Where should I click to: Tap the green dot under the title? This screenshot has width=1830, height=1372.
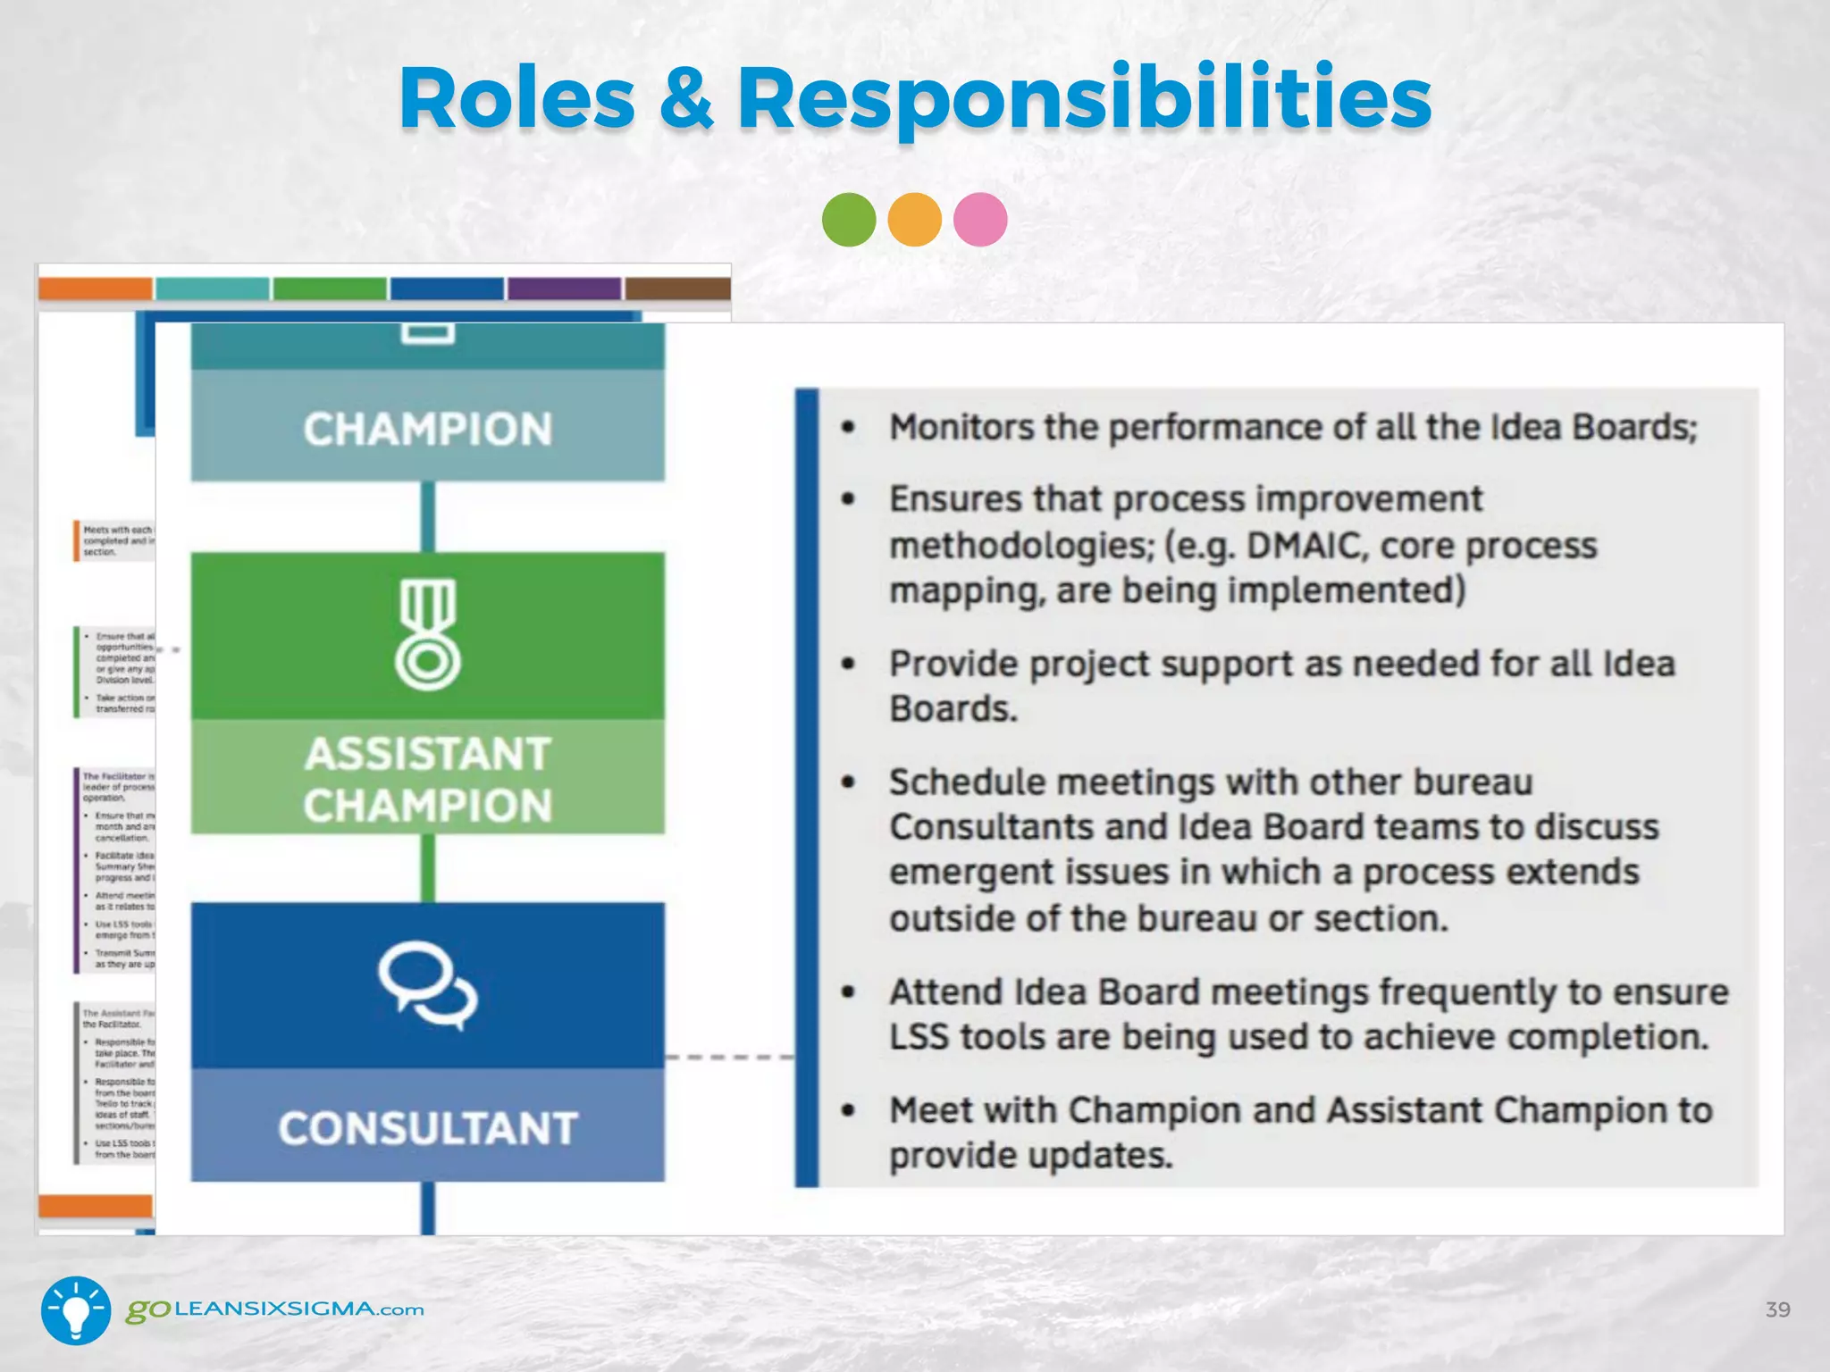[x=848, y=220]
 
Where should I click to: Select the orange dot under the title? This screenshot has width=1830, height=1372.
[x=914, y=220]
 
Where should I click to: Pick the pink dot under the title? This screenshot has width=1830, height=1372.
[x=980, y=220]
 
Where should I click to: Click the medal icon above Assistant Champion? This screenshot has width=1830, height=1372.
[x=428, y=634]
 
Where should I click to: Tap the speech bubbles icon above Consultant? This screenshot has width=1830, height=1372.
[x=428, y=984]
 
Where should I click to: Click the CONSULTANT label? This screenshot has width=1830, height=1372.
[x=428, y=1127]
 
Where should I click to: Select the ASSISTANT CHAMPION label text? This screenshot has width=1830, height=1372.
[x=428, y=779]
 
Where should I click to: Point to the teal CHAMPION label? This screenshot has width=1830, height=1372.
[x=428, y=429]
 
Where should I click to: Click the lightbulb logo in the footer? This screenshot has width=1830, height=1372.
[x=76, y=1310]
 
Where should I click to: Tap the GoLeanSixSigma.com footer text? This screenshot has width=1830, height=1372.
[x=275, y=1310]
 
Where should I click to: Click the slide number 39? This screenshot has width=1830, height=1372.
[x=1777, y=1309]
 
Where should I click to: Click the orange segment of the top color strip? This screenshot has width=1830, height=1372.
[x=95, y=289]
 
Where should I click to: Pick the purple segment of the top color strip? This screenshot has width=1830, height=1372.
[x=564, y=289]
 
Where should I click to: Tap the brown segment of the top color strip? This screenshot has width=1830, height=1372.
[x=677, y=289]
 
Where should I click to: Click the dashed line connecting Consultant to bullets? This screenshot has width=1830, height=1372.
[x=729, y=1058]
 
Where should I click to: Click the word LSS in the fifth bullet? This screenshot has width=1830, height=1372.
[x=919, y=1038]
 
